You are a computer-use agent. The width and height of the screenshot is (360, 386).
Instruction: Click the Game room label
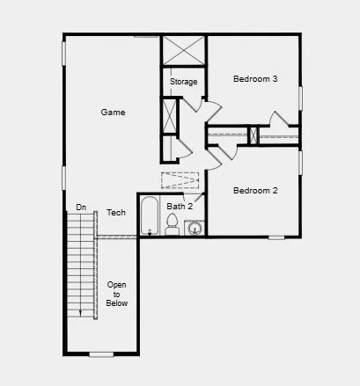pyautogui.click(x=113, y=113)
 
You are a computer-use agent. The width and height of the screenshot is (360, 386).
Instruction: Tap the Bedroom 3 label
pyautogui.click(x=255, y=79)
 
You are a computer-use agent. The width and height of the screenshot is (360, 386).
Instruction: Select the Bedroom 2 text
pyautogui.click(x=255, y=190)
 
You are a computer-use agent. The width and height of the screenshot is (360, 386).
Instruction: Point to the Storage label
pyautogui.click(x=183, y=82)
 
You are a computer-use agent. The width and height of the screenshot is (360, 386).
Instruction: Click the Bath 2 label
pyautogui.click(x=180, y=207)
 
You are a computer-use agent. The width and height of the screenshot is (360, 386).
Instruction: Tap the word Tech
pyautogui.click(x=116, y=213)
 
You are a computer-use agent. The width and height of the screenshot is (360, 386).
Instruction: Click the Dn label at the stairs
pyautogui.click(x=81, y=208)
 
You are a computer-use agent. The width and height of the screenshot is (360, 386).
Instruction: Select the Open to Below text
pyautogui.click(x=117, y=294)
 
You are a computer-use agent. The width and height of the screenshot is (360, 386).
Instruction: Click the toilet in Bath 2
pyautogui.click(x=173, y=228)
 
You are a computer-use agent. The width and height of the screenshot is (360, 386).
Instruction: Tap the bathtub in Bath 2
pyautogui.click(x=150, y=217)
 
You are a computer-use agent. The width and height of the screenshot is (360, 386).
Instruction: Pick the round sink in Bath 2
pyautogui.click(x=194, y=229)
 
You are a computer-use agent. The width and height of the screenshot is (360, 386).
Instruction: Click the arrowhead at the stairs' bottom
pyautogui.click(x=81, y=312)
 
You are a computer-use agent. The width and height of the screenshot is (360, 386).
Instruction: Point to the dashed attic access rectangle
pyautogui.click(x=180, y=180)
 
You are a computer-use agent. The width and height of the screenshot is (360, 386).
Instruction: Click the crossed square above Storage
pyautogui.click(x=183, y=50)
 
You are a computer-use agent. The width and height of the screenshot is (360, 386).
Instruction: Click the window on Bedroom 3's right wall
pyautogui.click(x=300, y=98)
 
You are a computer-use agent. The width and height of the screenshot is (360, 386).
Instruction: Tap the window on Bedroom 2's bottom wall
pyautogui.click(x=276, y=237)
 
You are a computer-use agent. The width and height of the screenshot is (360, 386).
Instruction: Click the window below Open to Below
pyautogui.click(x=102, y=354)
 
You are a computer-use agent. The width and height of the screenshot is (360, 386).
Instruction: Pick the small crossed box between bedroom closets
pyautogui.click(x=253, y=135)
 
